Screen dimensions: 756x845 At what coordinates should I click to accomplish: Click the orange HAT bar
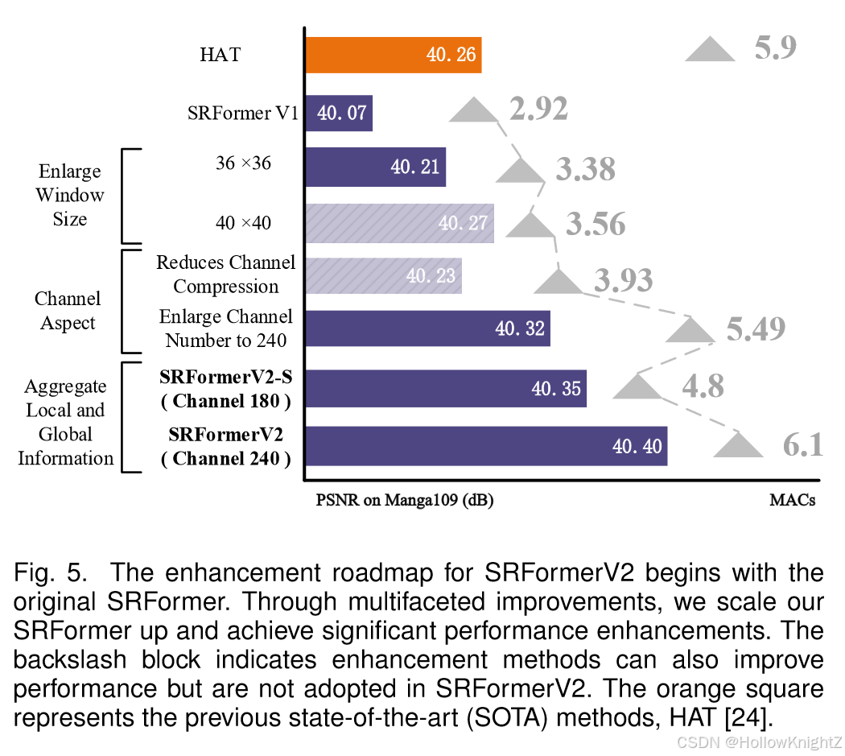(x=393, y=55)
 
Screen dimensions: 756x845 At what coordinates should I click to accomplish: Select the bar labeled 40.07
(x=338, y=113)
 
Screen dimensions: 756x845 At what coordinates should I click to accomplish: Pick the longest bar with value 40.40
(x=485, y=445)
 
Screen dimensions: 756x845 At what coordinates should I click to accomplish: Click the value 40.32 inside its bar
(x=520, y=328)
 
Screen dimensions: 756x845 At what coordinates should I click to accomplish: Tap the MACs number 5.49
(x=756, y=328)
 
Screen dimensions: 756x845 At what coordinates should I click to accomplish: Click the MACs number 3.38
(x=585, y=170)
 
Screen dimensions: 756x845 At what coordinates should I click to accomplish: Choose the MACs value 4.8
(x=703, y=387)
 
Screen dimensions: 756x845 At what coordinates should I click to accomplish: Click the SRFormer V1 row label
(x=242, y=113)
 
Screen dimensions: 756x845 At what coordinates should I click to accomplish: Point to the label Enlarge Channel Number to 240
(x=226, y=328)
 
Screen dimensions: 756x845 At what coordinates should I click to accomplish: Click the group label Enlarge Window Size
(x=70, y=195)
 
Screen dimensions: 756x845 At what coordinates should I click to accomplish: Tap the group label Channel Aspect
(x=68, y=311)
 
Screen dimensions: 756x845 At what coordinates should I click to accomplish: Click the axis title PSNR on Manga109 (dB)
(x=405, y=501)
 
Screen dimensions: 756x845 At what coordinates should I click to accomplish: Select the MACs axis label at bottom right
(x=792, y=501)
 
